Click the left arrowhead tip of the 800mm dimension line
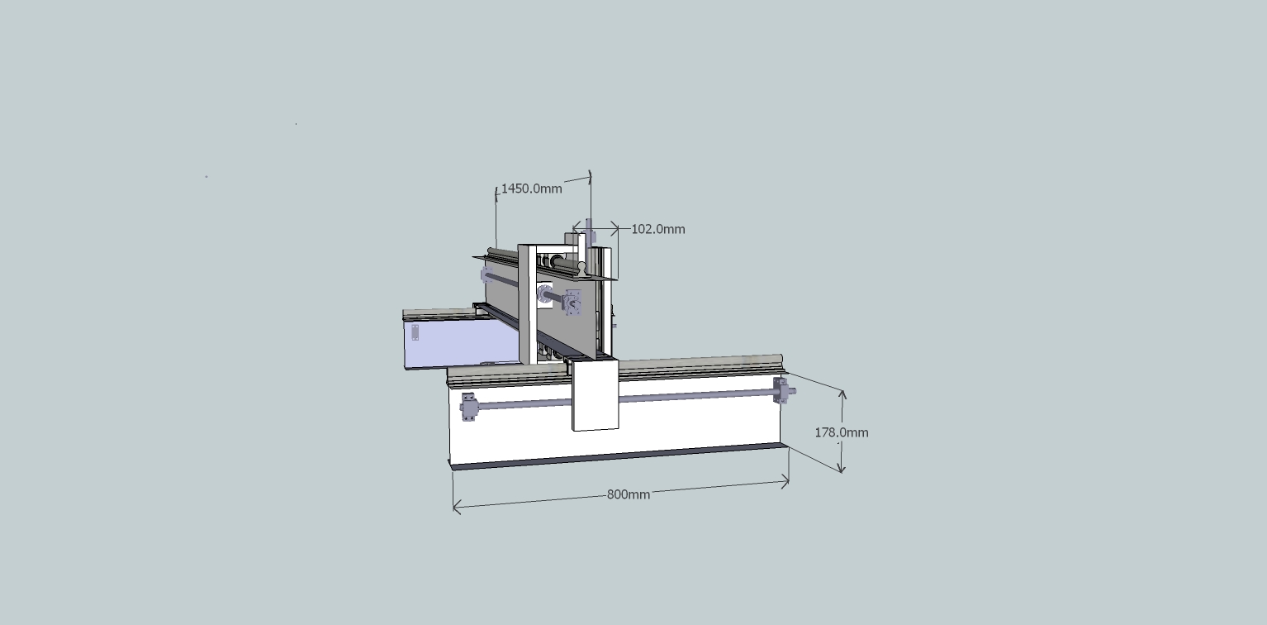[453, 506]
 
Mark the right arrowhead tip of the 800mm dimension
[789, 482]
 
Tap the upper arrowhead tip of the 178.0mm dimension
[842, 390]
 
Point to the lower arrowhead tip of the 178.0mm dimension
[842, 473]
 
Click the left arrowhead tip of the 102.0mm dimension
[573, 229]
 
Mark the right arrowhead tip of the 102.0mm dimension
[619, 229]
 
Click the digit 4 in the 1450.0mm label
[511, 188]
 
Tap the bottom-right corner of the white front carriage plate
[619, 428]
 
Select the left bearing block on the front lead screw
[467, 407]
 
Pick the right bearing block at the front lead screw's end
[781, 391]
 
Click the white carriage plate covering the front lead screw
[595, 395]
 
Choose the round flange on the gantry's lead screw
[544, 294]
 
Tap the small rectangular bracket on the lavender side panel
[415, 333]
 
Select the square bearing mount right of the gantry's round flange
[573, 303]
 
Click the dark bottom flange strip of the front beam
[619, 457]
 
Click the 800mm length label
[629, 494]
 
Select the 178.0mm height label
[842, 432]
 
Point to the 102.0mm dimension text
[657, 229]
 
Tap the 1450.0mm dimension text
[532, 188]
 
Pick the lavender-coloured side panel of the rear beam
[461, 341]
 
